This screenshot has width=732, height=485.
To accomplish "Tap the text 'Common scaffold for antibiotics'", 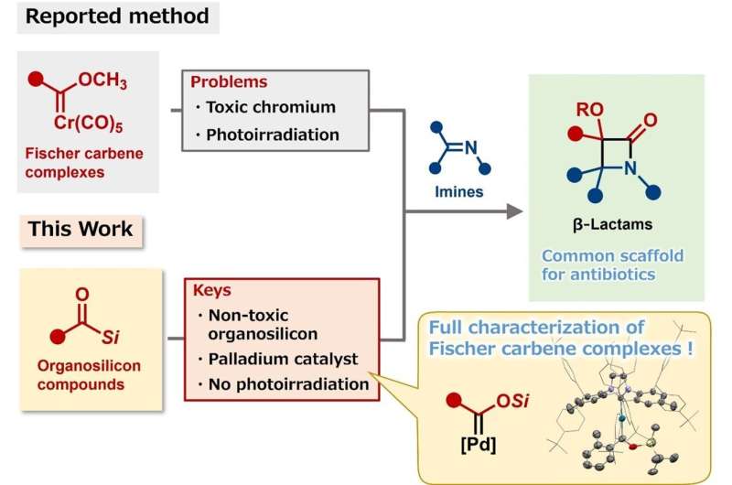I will point(612,263).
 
